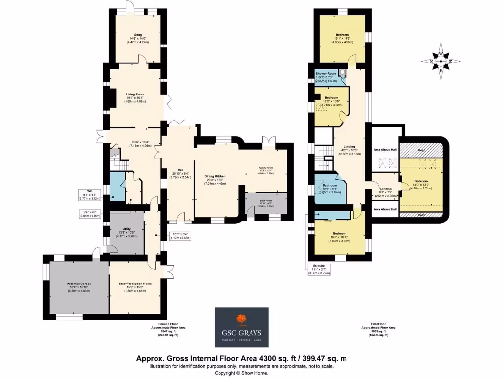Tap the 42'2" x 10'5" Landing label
pos(349,146)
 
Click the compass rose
pos(441,62)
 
